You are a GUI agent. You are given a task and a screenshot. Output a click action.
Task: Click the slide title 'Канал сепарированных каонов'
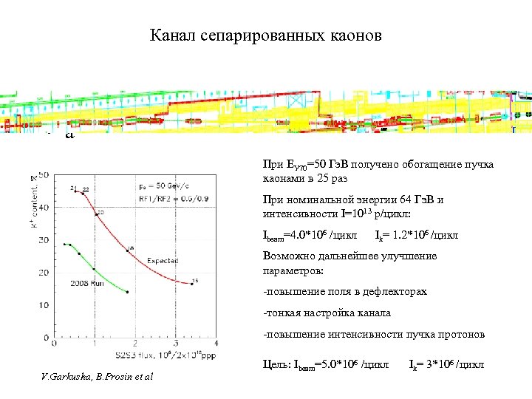pos(265,35)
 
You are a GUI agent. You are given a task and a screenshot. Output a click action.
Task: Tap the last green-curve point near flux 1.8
pos(127,292)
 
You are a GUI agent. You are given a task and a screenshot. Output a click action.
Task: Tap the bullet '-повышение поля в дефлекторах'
pos(345,291)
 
